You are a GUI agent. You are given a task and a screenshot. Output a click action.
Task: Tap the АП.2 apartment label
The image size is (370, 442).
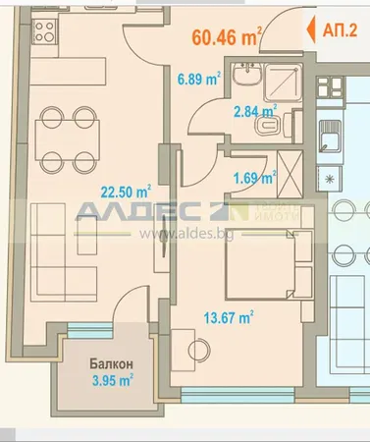tap(340, 29)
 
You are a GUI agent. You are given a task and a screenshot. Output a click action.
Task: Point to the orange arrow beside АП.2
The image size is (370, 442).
tap(313, 29)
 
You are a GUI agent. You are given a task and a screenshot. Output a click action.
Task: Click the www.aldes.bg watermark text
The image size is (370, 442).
tap(181, 235)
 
